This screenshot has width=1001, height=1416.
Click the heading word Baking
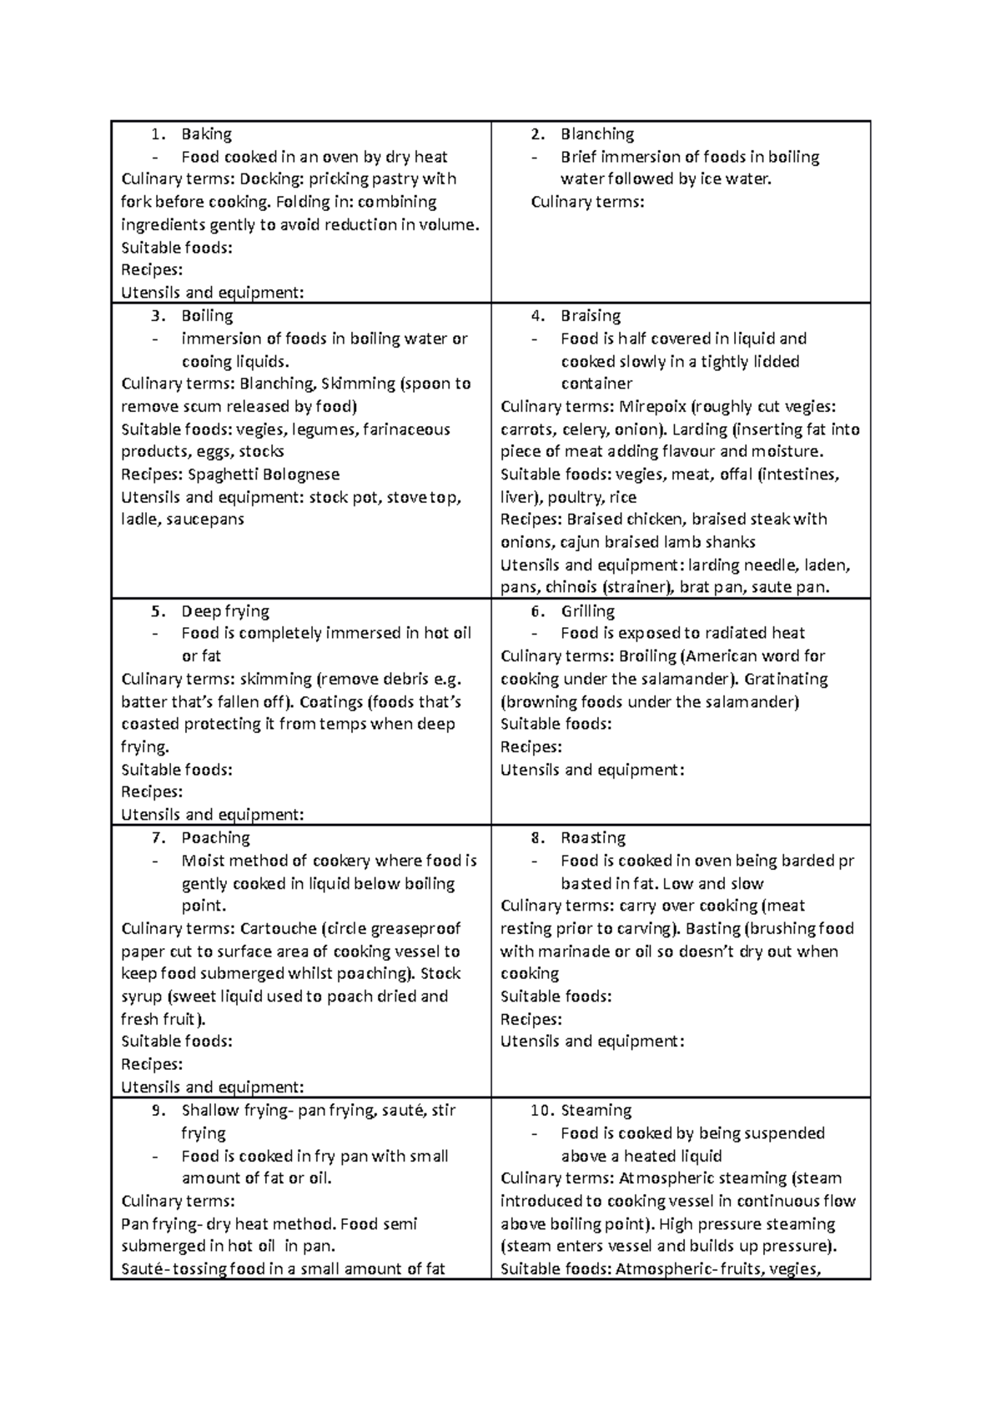206,134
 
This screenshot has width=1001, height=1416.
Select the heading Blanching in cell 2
596,134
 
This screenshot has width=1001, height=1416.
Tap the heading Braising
591,316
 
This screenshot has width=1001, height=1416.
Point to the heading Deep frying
225,611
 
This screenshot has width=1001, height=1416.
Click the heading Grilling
587,611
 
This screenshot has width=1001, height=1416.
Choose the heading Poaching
215,838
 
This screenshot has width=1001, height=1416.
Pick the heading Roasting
593,838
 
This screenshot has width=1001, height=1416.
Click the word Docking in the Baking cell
270,179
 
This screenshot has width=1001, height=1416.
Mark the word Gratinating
787,679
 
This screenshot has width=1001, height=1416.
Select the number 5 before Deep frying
158,611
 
